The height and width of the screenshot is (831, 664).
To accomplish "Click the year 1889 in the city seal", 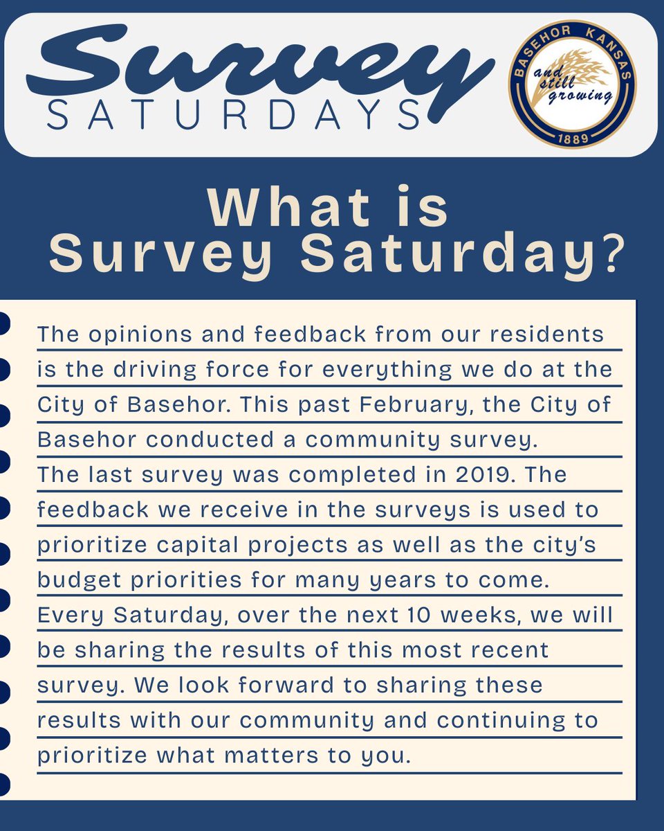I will [x=572, y=139].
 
